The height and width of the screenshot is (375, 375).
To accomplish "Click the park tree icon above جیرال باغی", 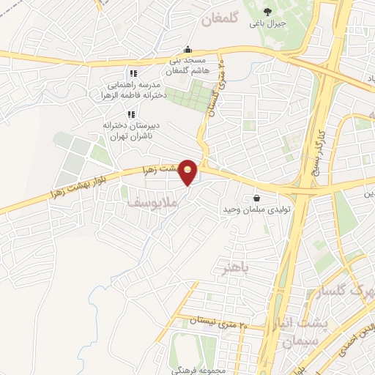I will coord(267,10).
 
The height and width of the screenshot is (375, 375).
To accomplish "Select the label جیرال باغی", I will coord(267,23).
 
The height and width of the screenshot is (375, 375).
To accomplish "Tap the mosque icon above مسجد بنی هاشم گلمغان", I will coord(188,50).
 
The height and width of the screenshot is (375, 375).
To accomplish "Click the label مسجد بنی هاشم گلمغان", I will coord(188,65).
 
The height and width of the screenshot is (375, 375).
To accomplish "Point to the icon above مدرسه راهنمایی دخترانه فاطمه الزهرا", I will coord(133,73).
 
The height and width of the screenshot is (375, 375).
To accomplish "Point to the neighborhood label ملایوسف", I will coord(150,198).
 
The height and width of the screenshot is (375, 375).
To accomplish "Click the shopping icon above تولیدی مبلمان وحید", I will coord(256,197).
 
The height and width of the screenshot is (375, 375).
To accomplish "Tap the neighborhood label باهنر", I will coord(236,268).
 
